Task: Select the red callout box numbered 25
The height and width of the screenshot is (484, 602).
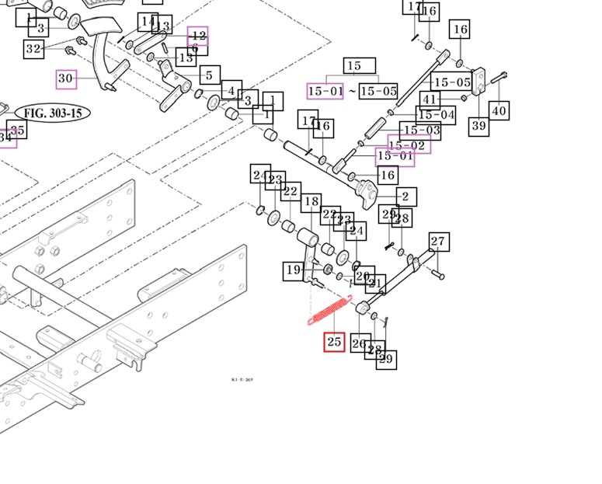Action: coord(334,341)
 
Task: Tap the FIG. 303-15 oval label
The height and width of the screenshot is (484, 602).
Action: coord(52,113)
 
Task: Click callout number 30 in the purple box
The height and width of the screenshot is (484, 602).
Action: coord(66,78)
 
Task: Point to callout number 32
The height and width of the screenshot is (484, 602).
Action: coord(33,49)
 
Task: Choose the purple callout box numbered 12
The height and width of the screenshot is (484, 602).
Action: coord(197,36)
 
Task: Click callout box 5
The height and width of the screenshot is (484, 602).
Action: coord(209,75)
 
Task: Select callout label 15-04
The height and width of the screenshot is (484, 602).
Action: coord(437,115)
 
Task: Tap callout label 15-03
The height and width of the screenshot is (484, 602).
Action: coord(420,131)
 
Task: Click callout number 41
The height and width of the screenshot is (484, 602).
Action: coord(430,99)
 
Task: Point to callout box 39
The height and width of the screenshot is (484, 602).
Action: coord(478,126)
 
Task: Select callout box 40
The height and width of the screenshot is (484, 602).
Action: coord(499,111)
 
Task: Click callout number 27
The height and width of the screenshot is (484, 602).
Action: coord(438,242)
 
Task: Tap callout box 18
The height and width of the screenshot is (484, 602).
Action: coord(311,202)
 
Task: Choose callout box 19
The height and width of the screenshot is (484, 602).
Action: coord(293,270)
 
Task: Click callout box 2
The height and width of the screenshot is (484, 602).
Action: coord(406,197)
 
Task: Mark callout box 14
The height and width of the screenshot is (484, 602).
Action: coord(148,21)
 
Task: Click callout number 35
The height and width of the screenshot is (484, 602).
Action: coord(17,130)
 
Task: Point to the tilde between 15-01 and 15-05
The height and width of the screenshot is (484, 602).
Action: coord(352,91)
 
